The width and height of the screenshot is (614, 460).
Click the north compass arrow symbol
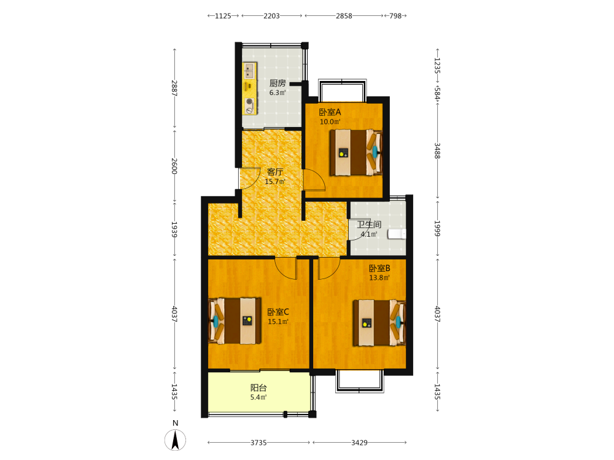pyautogui.click(x=175, y=440)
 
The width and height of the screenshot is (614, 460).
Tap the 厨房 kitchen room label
pyautogui.click(x=278, y=83)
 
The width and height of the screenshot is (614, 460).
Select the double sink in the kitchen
pyautogui.click(x=249, y=71)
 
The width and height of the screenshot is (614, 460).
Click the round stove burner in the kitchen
pyautogui.click(x=249, y=102)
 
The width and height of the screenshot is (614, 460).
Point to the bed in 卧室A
pyautogui.click(x=356, y=152)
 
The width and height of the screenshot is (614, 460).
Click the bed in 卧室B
pyautogui.click(x=379, y=323)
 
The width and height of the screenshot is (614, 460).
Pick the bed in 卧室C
pyautogui.click(x=235, y=321)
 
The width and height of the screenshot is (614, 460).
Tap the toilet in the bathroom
pyautogui.click(x=397, y=234)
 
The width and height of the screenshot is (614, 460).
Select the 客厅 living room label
pyautogui.click(x=275, y=172)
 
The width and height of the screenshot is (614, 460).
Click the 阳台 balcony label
pyautogui.click(x=258, y=388)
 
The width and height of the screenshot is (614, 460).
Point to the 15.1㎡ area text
pyautogui.click(x=278, y=321)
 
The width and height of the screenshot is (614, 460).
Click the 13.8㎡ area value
pyautogui.click(x=379, y=278)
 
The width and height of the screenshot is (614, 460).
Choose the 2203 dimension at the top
pyautogui.click(x=271, y=16)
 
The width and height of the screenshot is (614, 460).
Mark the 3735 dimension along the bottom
pyautogui.click(x=258, y=442)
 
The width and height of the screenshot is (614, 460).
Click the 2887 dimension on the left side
pyautogui.click(x=174, y=88)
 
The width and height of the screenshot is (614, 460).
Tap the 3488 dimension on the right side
pyautogui.click(x=437, y=151)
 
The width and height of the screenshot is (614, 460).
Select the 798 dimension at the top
pyautogui.click(x=395, y=16)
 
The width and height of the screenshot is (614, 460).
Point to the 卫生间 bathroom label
pyautogui.click(x=369, y=224)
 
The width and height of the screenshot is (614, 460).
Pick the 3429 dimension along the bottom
pyautogui.click(x=359, y=442)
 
